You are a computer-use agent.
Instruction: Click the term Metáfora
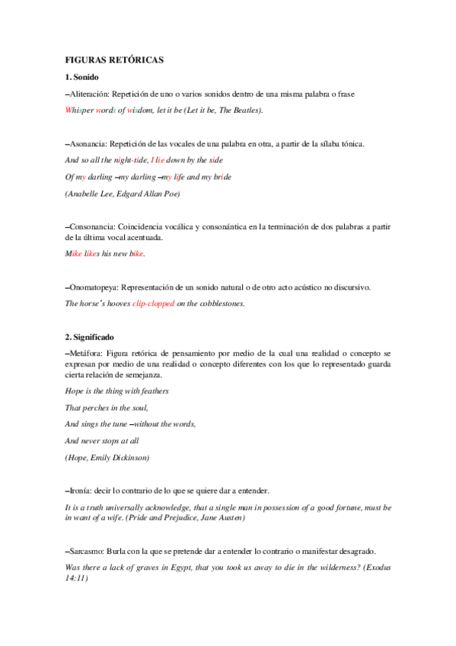[87, 353]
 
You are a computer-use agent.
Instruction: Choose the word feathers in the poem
[152, 391]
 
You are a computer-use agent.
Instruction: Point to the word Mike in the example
[73, 254]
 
